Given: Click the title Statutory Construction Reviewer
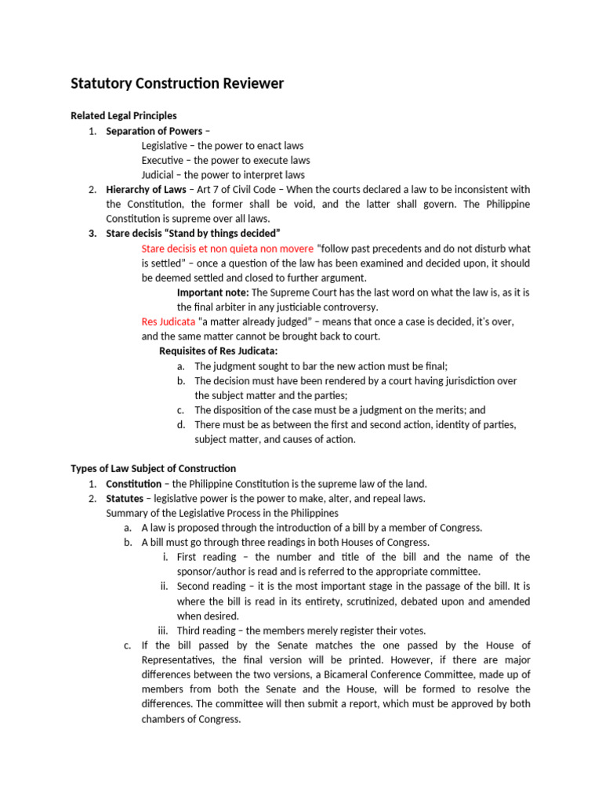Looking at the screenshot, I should [x=177, y=83].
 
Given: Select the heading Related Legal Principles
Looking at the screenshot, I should [x=124, y=116].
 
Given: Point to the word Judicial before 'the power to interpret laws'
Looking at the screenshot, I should [x=159, y=175].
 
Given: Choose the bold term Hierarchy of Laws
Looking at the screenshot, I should [x=146, y=190].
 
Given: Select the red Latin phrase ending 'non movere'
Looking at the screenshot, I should [x=227, y=249].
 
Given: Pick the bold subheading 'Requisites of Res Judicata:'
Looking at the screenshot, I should [x=219, y=351].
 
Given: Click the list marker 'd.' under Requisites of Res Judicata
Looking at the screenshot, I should [x=181, y=425].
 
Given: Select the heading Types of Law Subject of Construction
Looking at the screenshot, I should [x=153, y=469].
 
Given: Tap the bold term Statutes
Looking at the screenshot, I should [x=125, y=499].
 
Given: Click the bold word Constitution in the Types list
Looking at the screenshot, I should [x=134, y=484].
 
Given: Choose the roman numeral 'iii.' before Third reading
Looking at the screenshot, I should [x=163, y=631].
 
